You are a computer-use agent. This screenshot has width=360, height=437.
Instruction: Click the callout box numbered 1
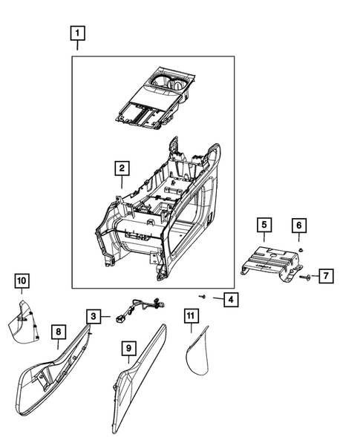point(77,33)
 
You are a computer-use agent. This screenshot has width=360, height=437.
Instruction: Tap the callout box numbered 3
point(94,317)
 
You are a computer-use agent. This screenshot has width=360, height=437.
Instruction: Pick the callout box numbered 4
point(231,299)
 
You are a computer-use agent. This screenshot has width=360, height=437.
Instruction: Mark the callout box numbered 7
point(327,276)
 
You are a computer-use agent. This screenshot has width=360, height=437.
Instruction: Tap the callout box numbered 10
point(22,280)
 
